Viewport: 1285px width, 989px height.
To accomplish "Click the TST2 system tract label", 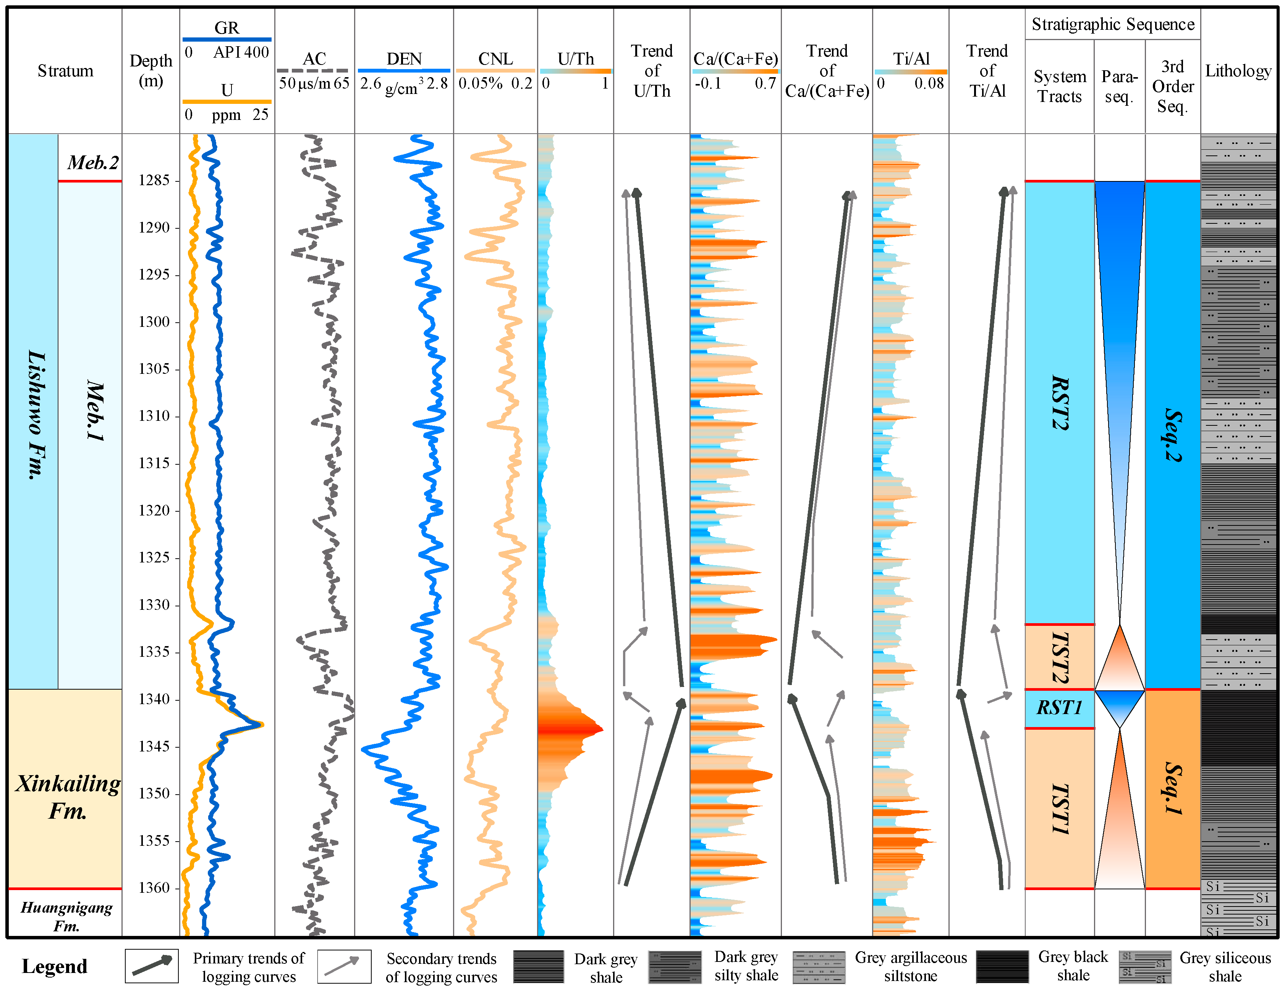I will tap(1059, 657).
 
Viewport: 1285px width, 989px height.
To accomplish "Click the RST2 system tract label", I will tap(1059, 403).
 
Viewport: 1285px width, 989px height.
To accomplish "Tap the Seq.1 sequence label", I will tap(1173, 789).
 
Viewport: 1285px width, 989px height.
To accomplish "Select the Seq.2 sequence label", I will tap(1173, 435).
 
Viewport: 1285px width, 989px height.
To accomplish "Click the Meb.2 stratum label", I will tap(92, 162).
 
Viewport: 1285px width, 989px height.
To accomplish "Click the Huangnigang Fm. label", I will tap(66, 916).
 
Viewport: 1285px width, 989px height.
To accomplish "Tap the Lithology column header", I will tap(1238, 71).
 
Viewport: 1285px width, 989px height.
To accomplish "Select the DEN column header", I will tap(404, 59).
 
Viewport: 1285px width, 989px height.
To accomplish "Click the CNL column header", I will tap(495, 59).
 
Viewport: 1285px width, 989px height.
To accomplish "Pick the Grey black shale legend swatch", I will tap(1002, 966).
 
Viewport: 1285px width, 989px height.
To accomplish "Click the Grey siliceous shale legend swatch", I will tap(1144, 966).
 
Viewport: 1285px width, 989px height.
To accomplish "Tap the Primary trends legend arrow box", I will tap(152, 966).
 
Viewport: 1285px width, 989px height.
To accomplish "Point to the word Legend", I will tap(54, 966).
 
